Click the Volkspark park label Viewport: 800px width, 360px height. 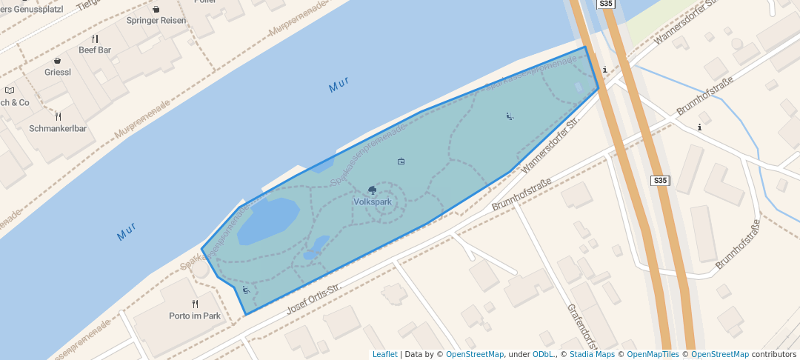coord(373,201)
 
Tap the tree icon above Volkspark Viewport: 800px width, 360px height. coord(373,190)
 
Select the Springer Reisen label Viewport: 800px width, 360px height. coord(156,20)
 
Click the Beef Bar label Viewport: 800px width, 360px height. coord(95,50)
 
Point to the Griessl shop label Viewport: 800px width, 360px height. coord(58,73)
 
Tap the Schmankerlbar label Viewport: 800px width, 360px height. coord(58,128)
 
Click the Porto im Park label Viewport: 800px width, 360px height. coord(195,316)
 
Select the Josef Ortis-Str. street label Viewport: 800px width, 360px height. coord(313,298)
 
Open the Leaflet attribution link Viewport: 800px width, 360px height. coord(384,354)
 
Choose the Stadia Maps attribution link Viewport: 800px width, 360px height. coord(592,354)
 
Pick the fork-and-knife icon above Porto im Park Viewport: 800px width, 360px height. coord(196,304)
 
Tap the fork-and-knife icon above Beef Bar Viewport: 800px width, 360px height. coord(95,39)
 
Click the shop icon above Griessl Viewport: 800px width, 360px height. coord(58,61)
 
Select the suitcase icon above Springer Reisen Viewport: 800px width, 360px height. coord(156,9)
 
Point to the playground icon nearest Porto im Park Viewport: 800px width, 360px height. coord(245,290)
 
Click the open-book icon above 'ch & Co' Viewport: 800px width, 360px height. coord(10,90)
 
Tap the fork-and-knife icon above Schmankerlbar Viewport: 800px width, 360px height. coord(58,116)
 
